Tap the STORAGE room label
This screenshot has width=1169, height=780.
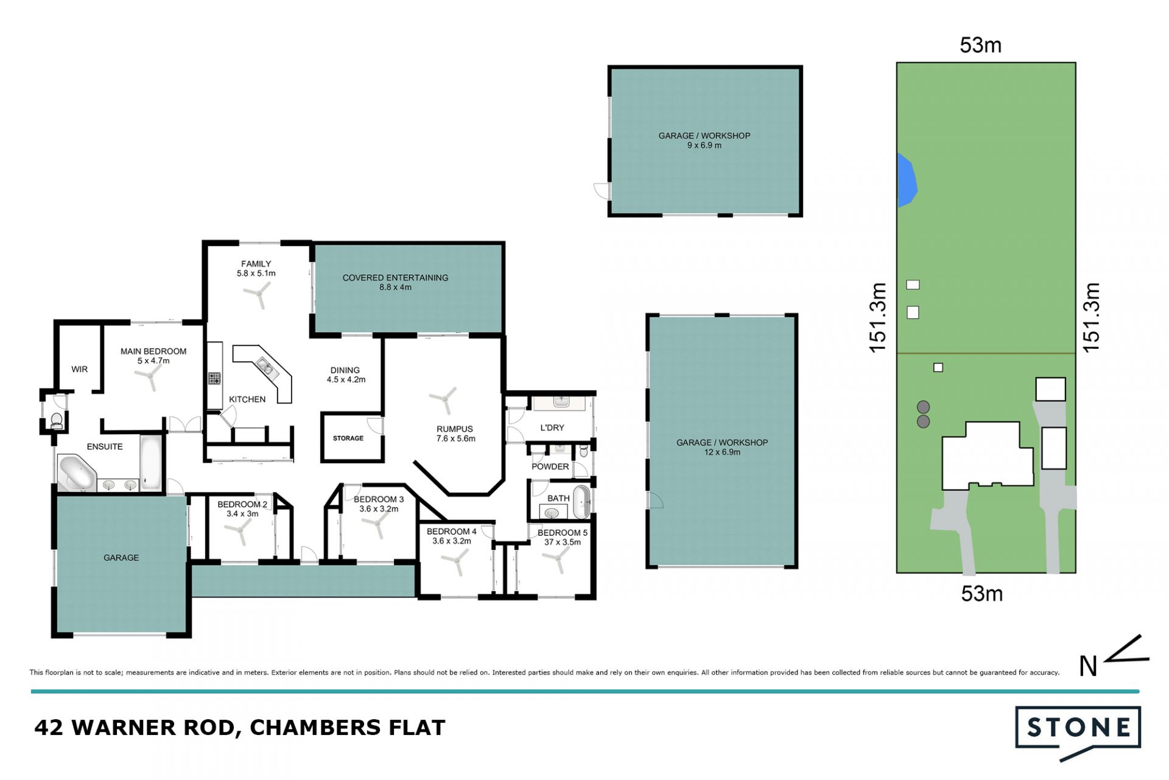point(348,438)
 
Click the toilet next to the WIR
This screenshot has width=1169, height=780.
point(57,420)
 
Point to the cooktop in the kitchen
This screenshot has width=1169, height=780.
point(214,379)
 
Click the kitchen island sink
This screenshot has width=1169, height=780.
point(265,367)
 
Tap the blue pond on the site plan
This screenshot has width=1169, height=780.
point(907,180)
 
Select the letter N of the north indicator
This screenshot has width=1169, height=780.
point(1088,666)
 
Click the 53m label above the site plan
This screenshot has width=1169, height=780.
point(980,45)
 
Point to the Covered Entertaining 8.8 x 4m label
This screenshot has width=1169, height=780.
point(395,283)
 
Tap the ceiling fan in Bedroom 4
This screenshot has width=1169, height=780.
point(457,561)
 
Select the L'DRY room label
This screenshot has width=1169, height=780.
point(552,428)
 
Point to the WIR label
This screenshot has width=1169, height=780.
point(80,370)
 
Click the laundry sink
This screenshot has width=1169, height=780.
point(561,402)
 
